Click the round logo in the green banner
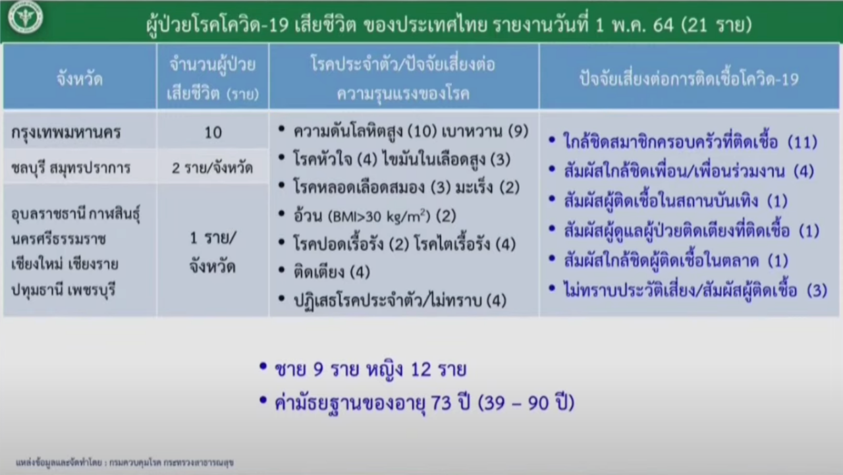click(26, 17)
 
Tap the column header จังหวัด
click(80, 79)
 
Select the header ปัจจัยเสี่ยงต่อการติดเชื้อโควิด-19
click(689, 78)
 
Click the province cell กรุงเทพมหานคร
click(66, 132)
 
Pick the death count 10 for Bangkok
click(213, 132)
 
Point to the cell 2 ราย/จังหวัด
click(212, 168)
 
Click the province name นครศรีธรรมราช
click(59, 238)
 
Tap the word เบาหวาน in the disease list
click(472, 131)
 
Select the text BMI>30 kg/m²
click(379, 216)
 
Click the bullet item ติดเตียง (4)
click(331, 271)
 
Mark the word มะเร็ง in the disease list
click(474, 187)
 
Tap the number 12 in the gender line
click(421, 370)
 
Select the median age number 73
click(441, 403)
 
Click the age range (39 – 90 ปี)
click(526, 403)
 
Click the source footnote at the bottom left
click(124, 462)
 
